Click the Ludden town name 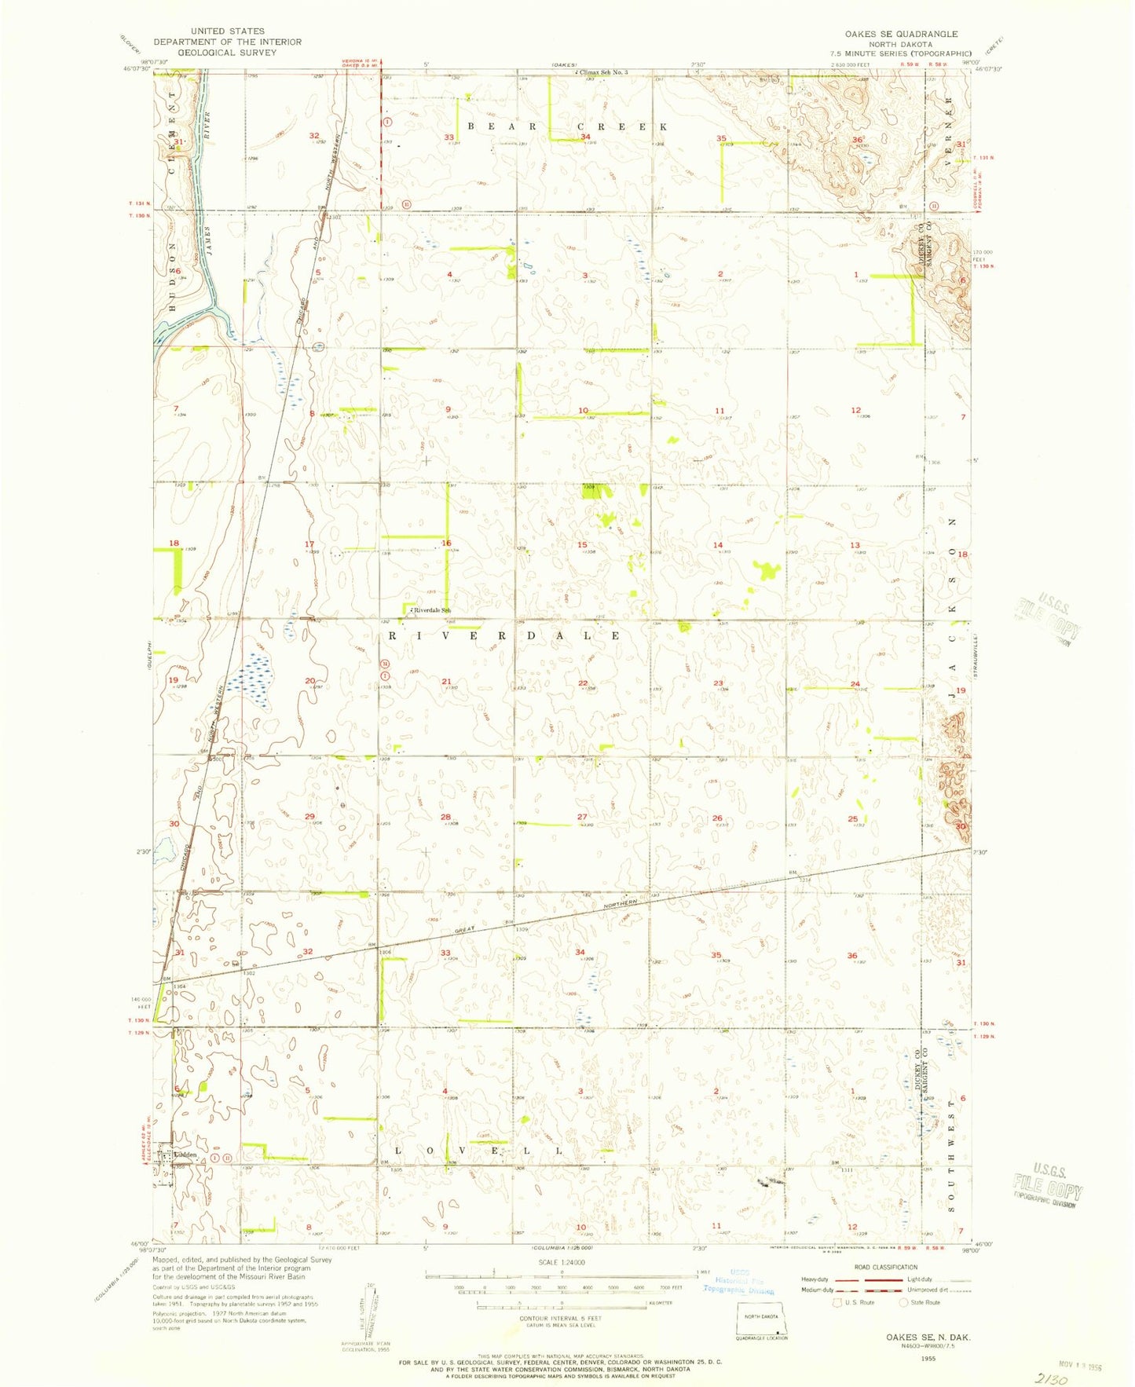pos(185,1155)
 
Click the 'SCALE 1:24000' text pos(561,1262)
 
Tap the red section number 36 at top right pos(856,140)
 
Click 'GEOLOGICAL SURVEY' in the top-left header pos(227,53)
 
